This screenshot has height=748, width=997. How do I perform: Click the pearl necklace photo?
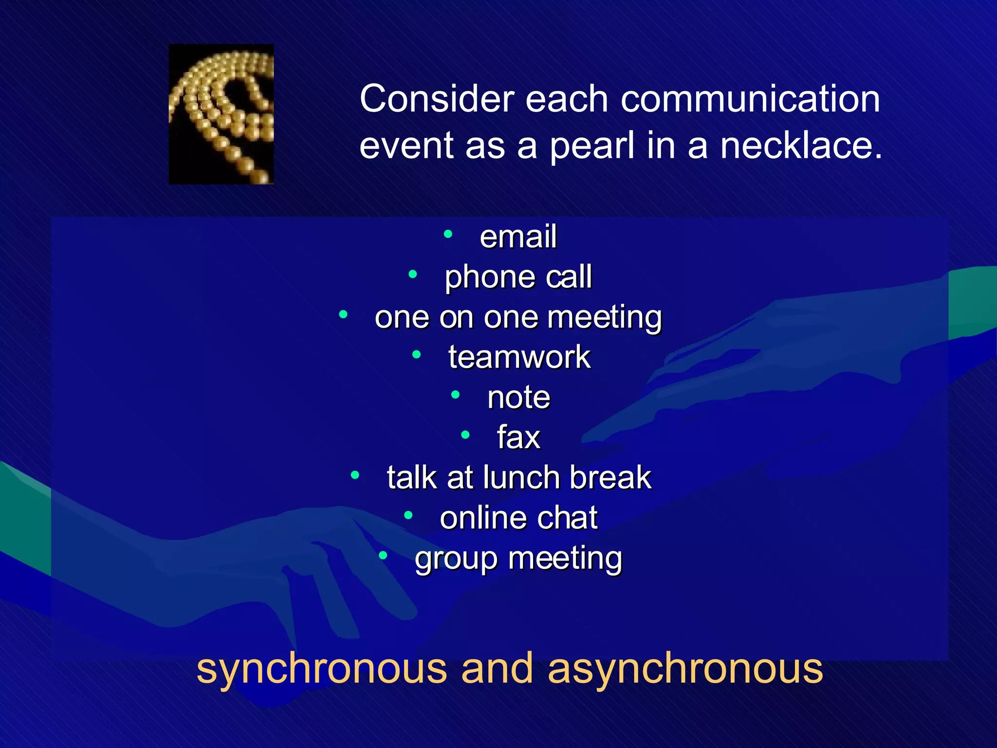click(x=221, y=114)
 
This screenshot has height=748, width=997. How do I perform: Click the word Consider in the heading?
click(x=437, y=99)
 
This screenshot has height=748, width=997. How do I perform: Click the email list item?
click(x=518, y=237)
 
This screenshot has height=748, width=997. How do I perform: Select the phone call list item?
click(x=518, y=277)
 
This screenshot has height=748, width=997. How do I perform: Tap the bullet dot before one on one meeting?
click(x=344, y=315)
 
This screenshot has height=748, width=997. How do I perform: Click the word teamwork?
click(x=519, y=357)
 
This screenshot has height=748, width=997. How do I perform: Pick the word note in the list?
click(x=518, y=397)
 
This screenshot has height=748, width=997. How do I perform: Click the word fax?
click(x=518, y=437)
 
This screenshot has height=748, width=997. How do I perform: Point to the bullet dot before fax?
click(x=465, y=434)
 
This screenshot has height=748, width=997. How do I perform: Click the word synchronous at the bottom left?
click(x=321, y=669)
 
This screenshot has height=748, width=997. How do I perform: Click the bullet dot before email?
click(x=448, y=234)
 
